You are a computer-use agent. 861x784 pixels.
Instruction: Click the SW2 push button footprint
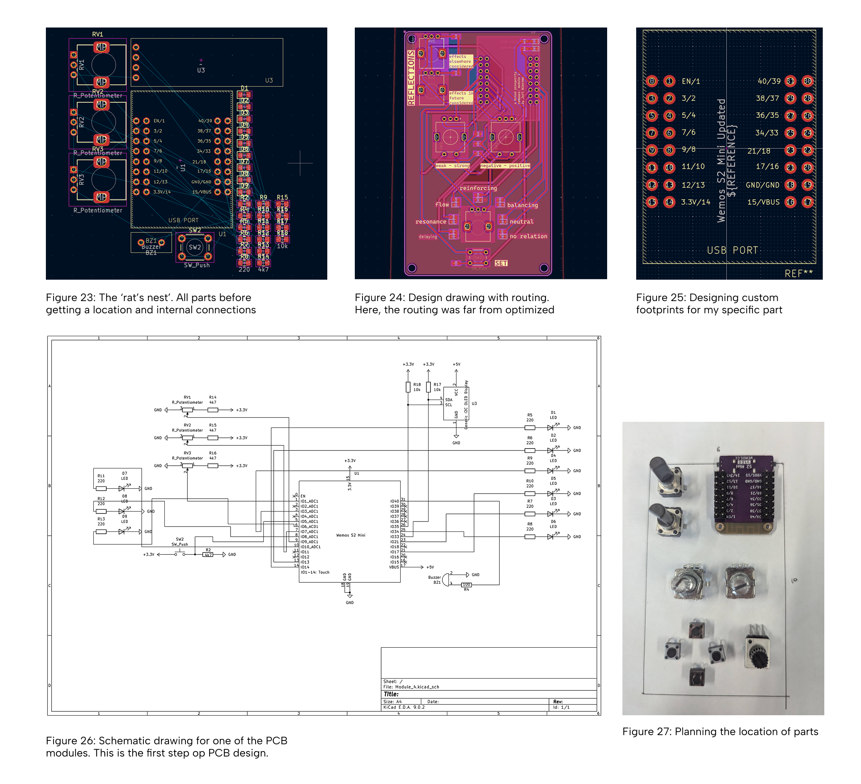195,247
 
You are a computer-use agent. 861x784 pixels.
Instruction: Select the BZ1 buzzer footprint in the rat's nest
151,243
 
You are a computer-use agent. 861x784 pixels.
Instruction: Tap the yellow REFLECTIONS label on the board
411,78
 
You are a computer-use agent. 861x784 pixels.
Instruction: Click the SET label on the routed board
501,263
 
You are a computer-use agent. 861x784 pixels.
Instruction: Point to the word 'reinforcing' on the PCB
478,188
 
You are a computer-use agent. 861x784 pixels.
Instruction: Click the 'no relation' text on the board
528,236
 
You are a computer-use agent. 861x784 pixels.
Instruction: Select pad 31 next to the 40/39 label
791,81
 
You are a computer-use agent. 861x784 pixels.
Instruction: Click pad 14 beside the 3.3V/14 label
669,202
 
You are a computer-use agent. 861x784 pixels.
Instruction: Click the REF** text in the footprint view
799,274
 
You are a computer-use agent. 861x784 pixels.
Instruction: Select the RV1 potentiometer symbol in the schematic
187,410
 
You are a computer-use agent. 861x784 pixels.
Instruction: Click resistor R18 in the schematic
408,387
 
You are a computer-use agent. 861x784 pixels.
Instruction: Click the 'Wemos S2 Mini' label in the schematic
351,535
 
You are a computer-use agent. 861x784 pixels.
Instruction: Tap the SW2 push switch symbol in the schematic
180,554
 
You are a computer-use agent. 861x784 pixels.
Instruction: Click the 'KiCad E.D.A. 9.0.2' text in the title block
404,707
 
